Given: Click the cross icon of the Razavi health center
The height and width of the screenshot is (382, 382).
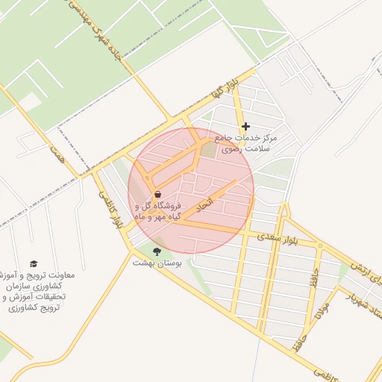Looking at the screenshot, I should [245, 127].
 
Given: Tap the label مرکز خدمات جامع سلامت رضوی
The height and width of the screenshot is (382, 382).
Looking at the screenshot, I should [245, 143].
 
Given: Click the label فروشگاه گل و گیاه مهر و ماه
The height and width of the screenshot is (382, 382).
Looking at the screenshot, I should [157, 210].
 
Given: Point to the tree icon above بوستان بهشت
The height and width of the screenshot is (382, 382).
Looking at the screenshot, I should [157, 251].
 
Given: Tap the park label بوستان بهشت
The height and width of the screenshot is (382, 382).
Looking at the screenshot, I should [154, 263].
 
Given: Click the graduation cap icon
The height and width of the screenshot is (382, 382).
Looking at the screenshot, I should [34, 263].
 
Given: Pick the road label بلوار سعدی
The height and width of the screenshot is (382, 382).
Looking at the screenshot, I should [277, 238].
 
